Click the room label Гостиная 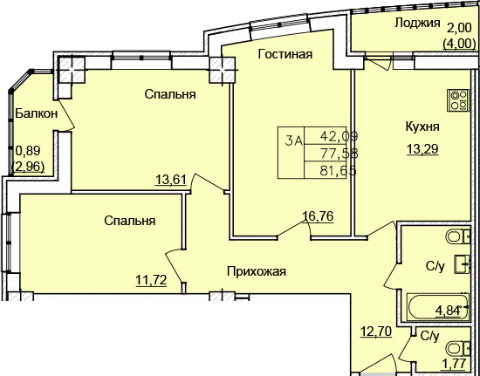click(x=285, y=54)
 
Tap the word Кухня click(x=422, y=126)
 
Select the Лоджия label click(x=417, y=24)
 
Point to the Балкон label click(x=36, y=113)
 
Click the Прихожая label click(x=257, y=271)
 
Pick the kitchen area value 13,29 click(x=422, y=149)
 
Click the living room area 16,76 click(x=318, y=216)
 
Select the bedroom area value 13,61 click(x=171, y=180)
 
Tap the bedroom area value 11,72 click(x=151, y=280)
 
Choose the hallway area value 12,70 click(x=376, y=332)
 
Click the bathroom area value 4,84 click(x=449, y=311)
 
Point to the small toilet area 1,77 click(x=454, y=364)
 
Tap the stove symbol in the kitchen click(x=458, y=100)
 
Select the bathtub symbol click(x=438, y=307)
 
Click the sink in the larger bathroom click(x=462, y=264)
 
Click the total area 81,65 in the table click(x=339, y=170)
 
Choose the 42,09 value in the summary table click(x=339, y=135)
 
